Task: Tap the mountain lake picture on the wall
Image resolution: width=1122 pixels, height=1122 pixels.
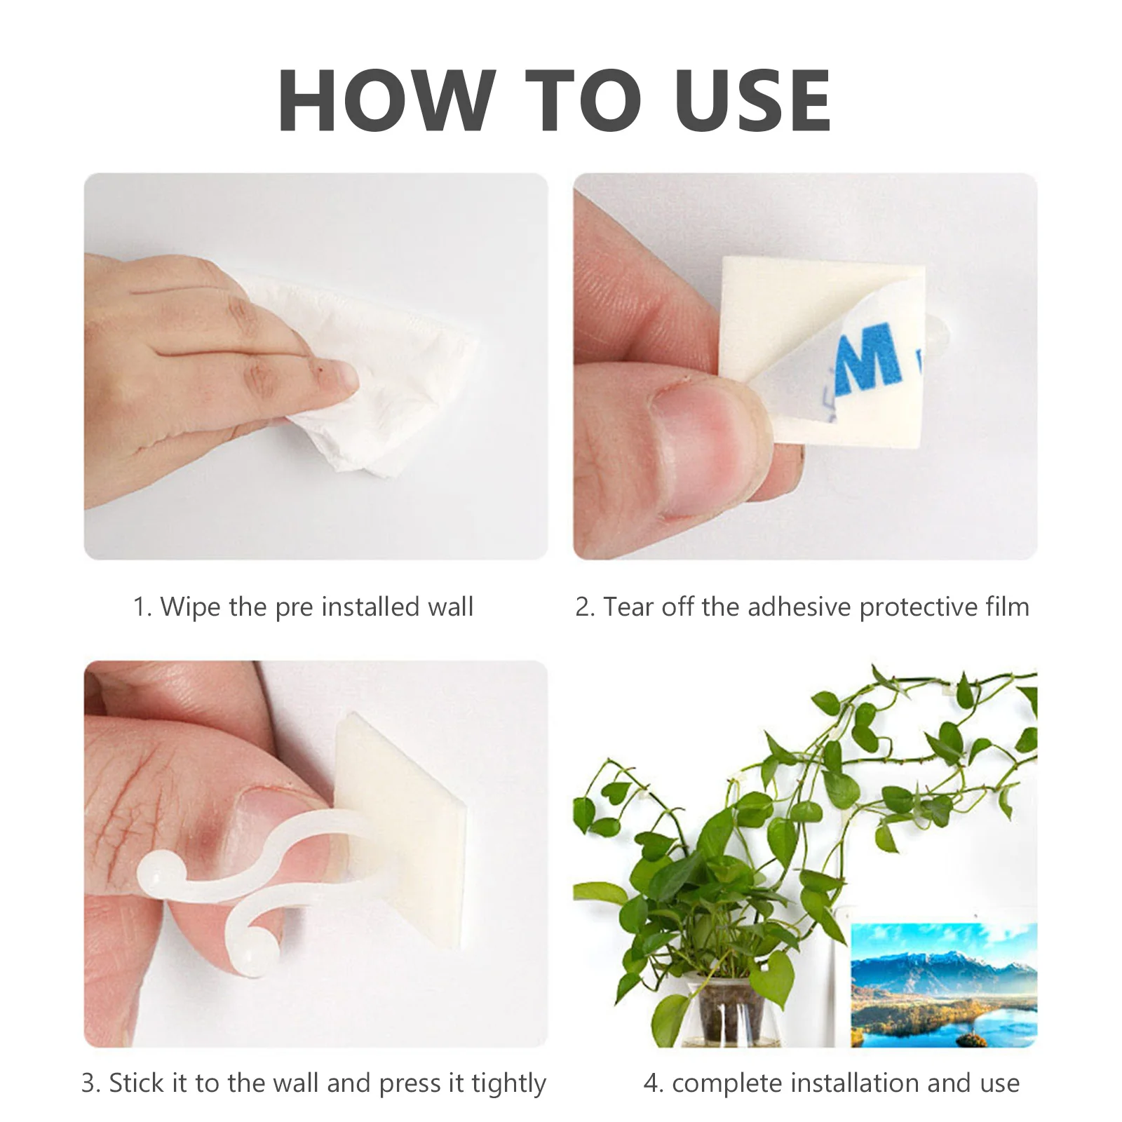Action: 943,985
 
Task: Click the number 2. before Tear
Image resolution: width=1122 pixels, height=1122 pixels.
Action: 584,607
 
